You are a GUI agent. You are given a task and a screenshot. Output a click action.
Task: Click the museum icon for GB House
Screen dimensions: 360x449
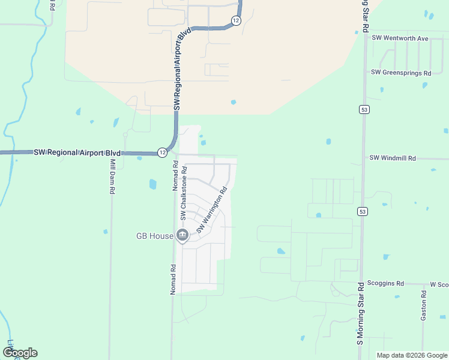coord(182,236)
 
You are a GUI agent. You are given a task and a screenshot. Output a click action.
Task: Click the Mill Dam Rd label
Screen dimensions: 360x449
coord(112,176)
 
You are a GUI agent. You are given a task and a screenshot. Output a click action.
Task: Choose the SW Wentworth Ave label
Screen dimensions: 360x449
coord(400,38)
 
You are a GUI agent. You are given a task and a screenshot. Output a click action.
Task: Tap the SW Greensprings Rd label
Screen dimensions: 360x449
coord(401,73)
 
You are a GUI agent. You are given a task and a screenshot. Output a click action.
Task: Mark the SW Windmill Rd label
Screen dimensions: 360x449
coord(393,158)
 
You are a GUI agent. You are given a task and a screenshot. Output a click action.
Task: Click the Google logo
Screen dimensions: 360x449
coord(20,353)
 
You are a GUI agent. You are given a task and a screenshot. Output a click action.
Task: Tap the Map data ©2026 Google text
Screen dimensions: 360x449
coord(411,355)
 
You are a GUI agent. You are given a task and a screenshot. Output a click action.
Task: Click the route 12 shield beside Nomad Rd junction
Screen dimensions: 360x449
coord(162,152)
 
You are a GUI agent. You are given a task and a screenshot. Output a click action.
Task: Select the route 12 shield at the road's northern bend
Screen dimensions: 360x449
coord(236,20)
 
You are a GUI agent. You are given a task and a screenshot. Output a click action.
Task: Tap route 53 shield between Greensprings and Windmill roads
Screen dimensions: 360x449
coord(364,109)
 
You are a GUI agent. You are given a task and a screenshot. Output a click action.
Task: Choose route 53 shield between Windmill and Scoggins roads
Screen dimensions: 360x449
coord(362,211)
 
